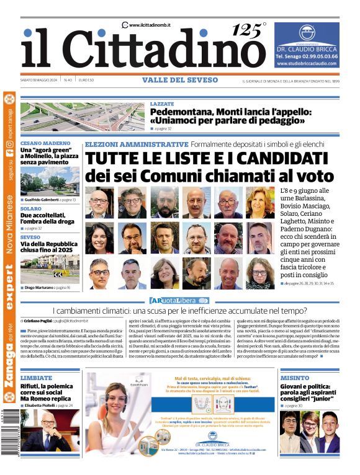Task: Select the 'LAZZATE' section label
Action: (162, 104)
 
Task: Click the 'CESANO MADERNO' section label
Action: (45, 143)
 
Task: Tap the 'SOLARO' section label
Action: (30, 209)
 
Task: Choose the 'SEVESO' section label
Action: (30, 237)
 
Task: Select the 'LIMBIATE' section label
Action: (36, 378)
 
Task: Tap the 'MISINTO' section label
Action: (295, 378)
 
